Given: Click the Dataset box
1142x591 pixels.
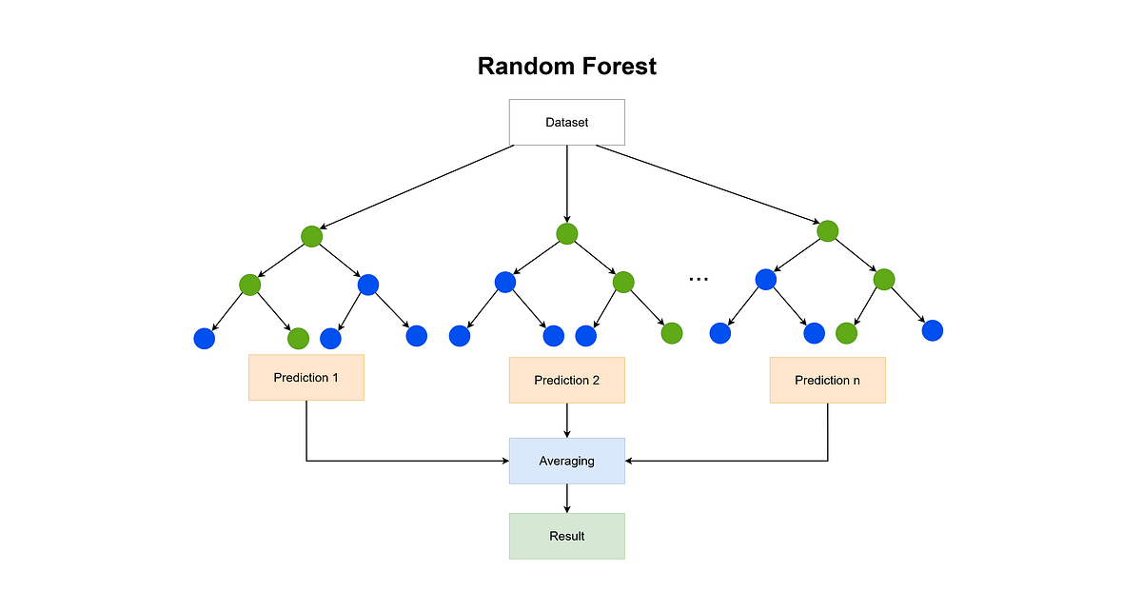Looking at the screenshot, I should (567, 122).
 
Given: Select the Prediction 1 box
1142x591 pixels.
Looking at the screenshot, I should (305, 378).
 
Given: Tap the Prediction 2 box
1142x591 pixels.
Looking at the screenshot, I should (567, 380).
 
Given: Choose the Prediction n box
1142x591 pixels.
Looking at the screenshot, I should (827, 380).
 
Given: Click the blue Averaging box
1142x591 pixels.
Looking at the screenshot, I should (567, 461).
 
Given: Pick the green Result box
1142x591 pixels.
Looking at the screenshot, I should (567, 536).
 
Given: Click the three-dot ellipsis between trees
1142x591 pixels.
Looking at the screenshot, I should (699, 279).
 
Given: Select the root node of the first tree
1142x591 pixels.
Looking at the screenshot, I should (311, 236).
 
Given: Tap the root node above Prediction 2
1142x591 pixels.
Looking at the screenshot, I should (567, 234).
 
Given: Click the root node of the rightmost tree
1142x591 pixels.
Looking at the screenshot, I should (828, 230).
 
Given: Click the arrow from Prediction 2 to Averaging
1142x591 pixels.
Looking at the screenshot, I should (567, 420).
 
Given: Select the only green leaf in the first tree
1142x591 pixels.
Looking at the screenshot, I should (298, 338).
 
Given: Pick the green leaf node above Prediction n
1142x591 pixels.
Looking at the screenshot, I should (846, 333).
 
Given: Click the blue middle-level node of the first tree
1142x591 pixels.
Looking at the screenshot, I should (368, 284).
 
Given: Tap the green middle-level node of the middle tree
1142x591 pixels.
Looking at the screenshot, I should (623, 282).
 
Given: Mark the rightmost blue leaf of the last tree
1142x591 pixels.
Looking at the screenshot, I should (932, 330).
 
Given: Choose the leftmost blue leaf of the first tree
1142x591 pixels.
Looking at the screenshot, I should (204, 337).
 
